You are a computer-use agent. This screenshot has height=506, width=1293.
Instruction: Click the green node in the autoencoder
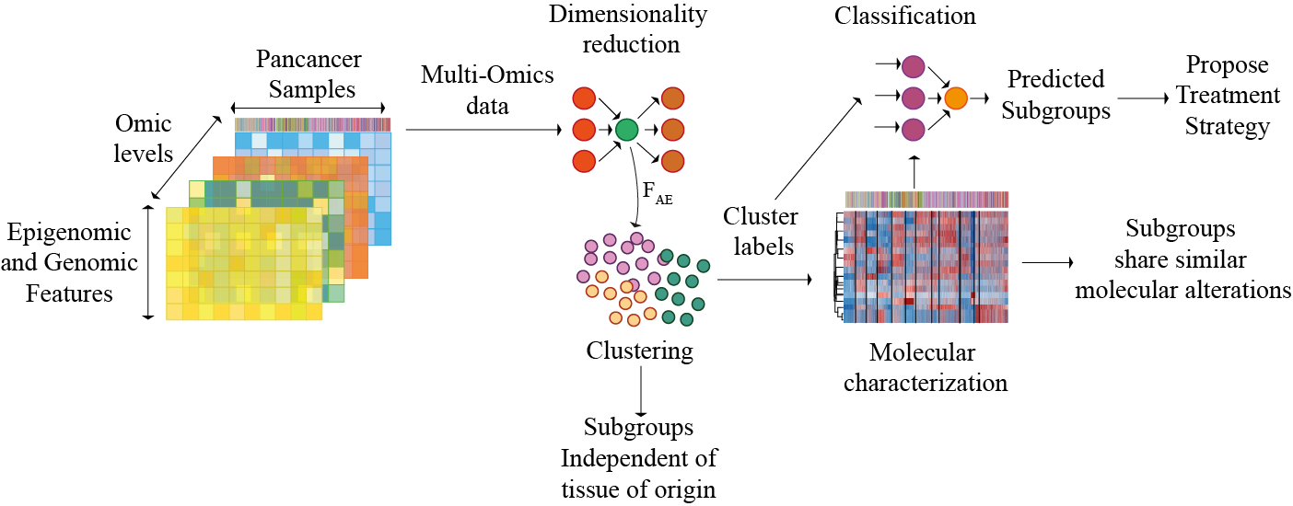click(x=626, y=131)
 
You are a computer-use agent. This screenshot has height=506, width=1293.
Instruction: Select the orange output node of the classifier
click(x=957, y=98)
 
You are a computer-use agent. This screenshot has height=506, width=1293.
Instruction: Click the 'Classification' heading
click(x=905, y=16)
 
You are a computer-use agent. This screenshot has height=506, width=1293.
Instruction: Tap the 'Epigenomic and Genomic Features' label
click(x=69, y=263)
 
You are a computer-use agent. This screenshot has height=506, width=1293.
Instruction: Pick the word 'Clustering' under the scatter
click(x=639, y=351)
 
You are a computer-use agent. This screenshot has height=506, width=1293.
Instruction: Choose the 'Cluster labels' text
click(x=760, y=230)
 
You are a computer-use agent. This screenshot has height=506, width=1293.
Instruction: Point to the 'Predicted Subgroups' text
click(x=1055, y=94)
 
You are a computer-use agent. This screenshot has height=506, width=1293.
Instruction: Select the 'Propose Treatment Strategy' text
click(x=1227, y=96)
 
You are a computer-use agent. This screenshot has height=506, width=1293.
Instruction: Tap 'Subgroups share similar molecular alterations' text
click(x=1182, y=259)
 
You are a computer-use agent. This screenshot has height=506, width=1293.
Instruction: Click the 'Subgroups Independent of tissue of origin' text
click(x=638, y=458)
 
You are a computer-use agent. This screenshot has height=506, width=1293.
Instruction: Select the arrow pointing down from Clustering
click(x=639, y=391)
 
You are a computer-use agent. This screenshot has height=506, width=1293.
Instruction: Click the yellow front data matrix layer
click(x=244, y=267)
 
